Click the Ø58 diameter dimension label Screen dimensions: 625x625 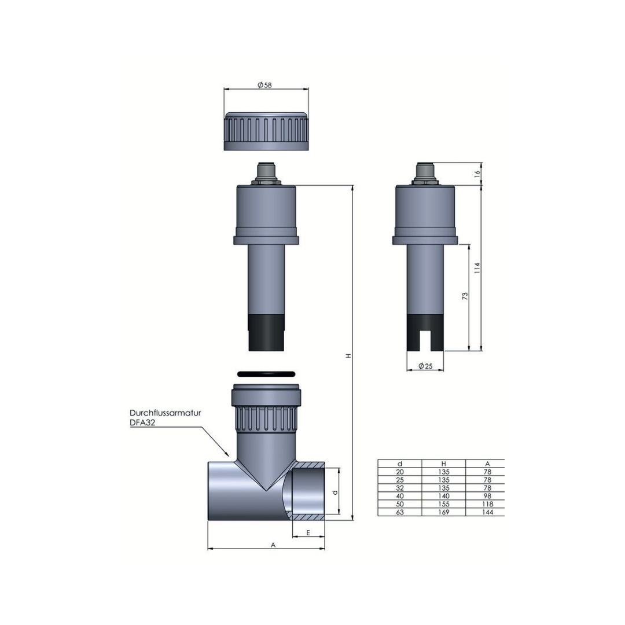(264, 85)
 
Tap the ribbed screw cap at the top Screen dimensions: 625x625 (266, 131)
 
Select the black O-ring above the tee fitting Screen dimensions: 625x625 (266, 374)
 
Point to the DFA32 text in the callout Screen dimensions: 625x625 (142, 423)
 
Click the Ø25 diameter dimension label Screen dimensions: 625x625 (425, 366)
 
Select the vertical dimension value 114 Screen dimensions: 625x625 (477, 267)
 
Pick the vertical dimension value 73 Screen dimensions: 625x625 (465, 296)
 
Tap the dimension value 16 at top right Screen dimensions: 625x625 (477, 174)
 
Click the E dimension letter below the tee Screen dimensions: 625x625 (308, 532)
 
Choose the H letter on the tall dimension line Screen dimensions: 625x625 (348, 355)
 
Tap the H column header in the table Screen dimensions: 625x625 (444, 464)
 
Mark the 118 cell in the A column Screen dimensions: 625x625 (487, 505)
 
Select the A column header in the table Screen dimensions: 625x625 (487, 464)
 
